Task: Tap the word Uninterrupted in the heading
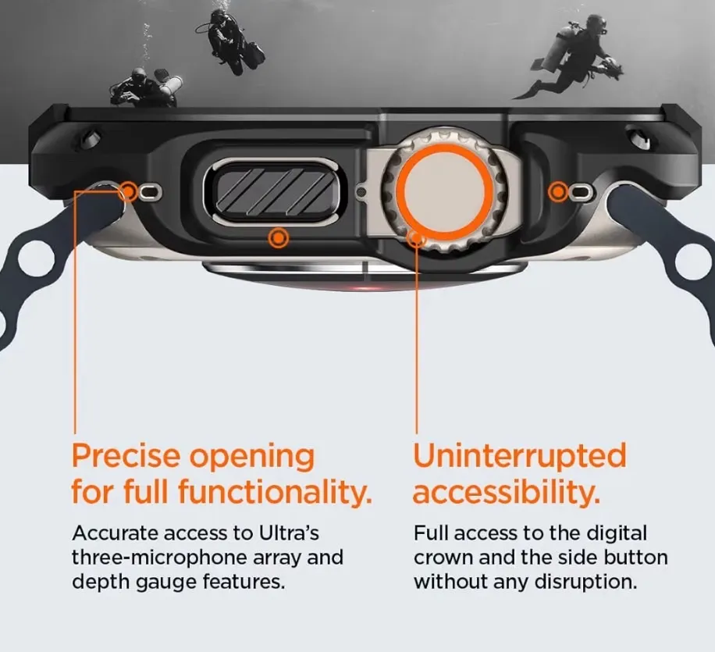pyautogui.click(x=520, y=457)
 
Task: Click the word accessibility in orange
pyautogui.click(x=506, y=492)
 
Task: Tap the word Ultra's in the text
pyautogui.click(x=289, y=533)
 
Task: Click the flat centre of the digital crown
pyautogui.click(x=445, y=191)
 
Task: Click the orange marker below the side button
pyautogui.click(x=278, y=238)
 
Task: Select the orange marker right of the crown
pyautogui.click(x=557, y=192)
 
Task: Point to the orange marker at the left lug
pyautogui.click(x=129, y=191)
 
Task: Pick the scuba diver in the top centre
pyautogui.click(x=231, y=42)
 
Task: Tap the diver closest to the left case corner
pyautogui.click(x=146, y=87)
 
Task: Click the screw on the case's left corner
pyautogui.click(x=91, y=139)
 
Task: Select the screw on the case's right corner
pyautogui.click(x=638, y=138)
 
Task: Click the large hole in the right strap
pyautogui.click(x=694, y=262)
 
